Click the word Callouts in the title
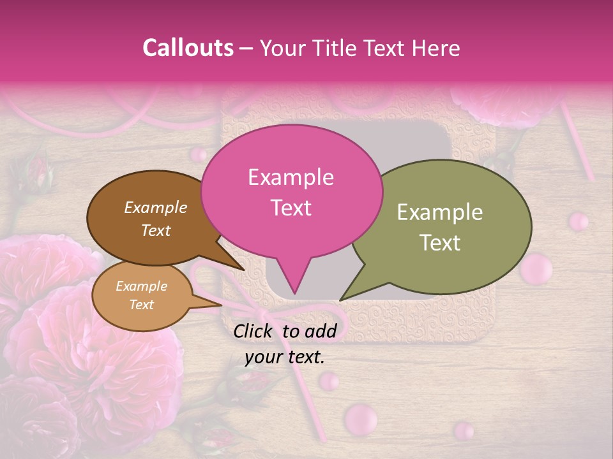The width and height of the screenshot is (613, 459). coord(188,48)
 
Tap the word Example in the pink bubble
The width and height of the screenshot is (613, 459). coord(291,177)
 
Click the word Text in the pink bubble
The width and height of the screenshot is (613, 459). coord(291,208)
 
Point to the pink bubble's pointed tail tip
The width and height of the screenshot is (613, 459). coord(294,294)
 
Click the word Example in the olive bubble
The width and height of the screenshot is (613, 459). coord(440,212)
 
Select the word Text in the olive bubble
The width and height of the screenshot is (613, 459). coord(440,243)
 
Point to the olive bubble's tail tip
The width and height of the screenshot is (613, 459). coord(340,300)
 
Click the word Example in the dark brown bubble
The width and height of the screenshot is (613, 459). coord(156,207)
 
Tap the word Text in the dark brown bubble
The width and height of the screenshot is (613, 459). coord(156,230)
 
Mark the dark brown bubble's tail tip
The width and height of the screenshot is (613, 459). coord(245,270)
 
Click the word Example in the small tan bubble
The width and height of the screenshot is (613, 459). coord(141,286)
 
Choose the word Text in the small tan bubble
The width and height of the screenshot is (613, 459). coord(141,305)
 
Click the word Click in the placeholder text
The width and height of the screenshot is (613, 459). coord(254,331)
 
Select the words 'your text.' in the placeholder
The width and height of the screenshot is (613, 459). coord(284,357)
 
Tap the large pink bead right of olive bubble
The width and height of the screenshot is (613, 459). coord(536,268)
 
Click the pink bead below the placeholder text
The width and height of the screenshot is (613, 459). coord(329,381)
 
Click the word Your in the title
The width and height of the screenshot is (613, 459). coord(281,48)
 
